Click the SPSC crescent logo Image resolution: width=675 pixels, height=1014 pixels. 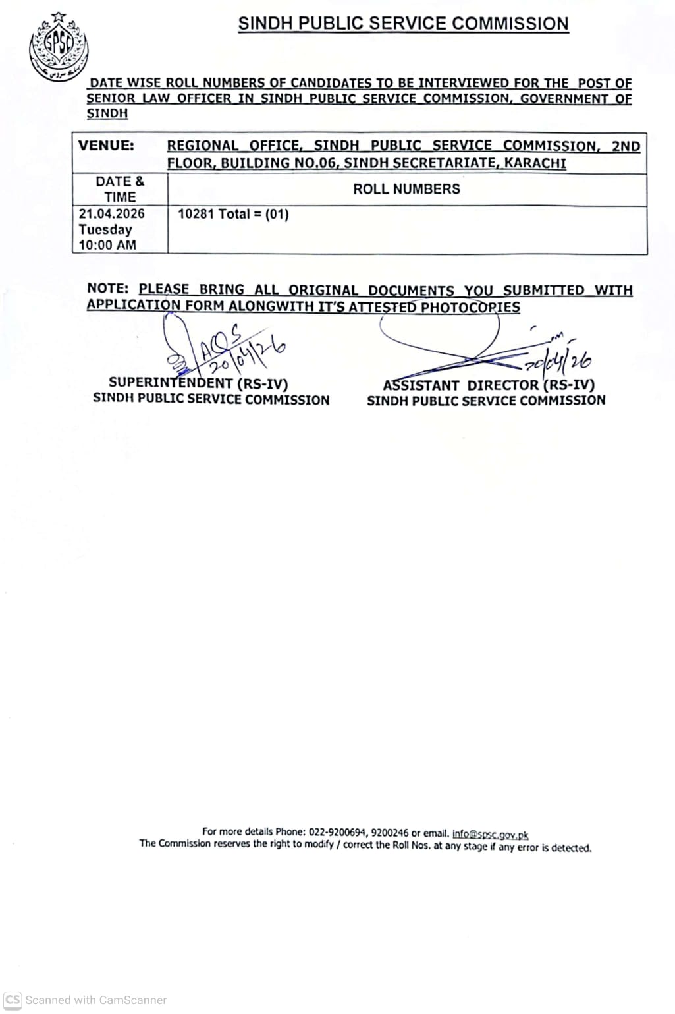click(x=59, y=47)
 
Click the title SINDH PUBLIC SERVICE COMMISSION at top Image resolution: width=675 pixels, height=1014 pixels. click(x=403, y=24)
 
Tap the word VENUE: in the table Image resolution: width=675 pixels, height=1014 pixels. click(x=106, y=146)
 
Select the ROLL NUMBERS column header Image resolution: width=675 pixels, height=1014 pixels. click(x=406, y=190)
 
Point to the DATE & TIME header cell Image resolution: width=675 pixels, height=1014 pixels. click(x=120, y=189)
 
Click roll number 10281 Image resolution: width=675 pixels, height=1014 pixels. click(x=196, y=214)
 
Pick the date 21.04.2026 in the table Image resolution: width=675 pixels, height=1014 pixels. click(x=111, y=214)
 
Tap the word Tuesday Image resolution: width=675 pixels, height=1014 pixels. click(x=105, y=230)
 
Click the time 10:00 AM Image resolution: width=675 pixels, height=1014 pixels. click(x=107, y=245)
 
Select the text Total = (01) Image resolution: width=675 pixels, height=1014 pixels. click(x=254, y=214)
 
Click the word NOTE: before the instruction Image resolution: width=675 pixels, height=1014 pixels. click(x=107, y=289)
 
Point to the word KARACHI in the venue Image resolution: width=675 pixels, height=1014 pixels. click(x=535, y=163)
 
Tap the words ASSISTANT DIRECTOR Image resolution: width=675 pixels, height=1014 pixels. click(x=460, y=385)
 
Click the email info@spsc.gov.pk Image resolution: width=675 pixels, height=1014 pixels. click(x=490, y=833)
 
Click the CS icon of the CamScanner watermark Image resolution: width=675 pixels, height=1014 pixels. click(x=13, y=1000)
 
